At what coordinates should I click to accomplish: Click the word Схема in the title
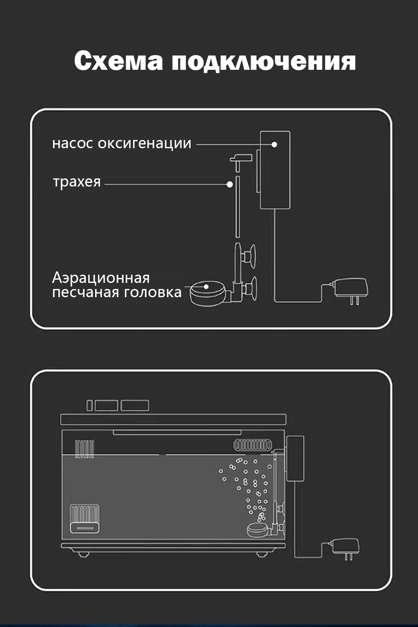[x=118, y=61]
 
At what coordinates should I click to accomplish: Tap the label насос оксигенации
[x=122, y=143]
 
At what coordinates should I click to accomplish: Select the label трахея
[x=77, y=182]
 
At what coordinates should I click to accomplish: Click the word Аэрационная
[x=101, y=278]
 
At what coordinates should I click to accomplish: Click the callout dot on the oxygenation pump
[x=274, y=145]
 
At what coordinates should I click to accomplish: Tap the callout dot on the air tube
[x=230, y=185]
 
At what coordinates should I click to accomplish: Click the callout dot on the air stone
[x=206, y=287]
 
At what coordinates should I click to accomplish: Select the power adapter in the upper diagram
[x=351, y=289]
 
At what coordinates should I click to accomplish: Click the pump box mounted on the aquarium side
[x=295, y=458]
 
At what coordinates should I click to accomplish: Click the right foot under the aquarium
[x=262, y=554]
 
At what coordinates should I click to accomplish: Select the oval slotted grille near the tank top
[x=252, y=445]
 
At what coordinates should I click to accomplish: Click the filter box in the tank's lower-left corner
[x=84, y=518]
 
